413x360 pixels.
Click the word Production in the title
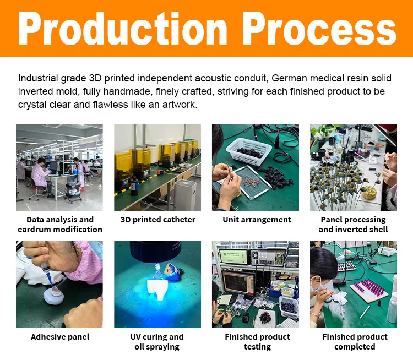point(123,28)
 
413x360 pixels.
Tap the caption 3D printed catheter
point(157,220)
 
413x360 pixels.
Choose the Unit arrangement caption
point(257,220)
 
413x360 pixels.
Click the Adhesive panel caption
point(60,337)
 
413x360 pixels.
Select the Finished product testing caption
point(257,342)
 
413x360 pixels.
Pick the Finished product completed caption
point(355,342)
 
